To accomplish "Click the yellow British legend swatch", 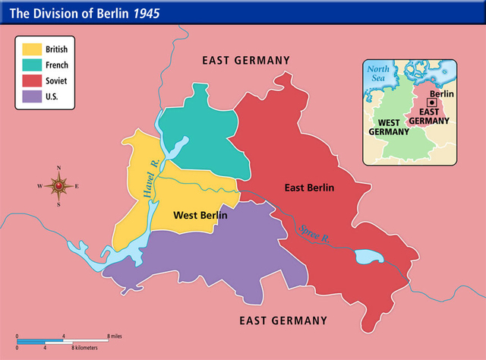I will (31, 49).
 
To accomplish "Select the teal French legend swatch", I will (31, 65).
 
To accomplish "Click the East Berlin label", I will (309, 188).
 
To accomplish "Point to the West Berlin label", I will (200, 216).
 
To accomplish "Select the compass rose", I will (59, 185).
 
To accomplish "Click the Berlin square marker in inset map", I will (431, 102).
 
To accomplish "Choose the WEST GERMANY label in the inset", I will (390, 126).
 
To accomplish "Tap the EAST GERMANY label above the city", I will (245, 60).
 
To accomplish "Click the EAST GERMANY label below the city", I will (284, 320).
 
